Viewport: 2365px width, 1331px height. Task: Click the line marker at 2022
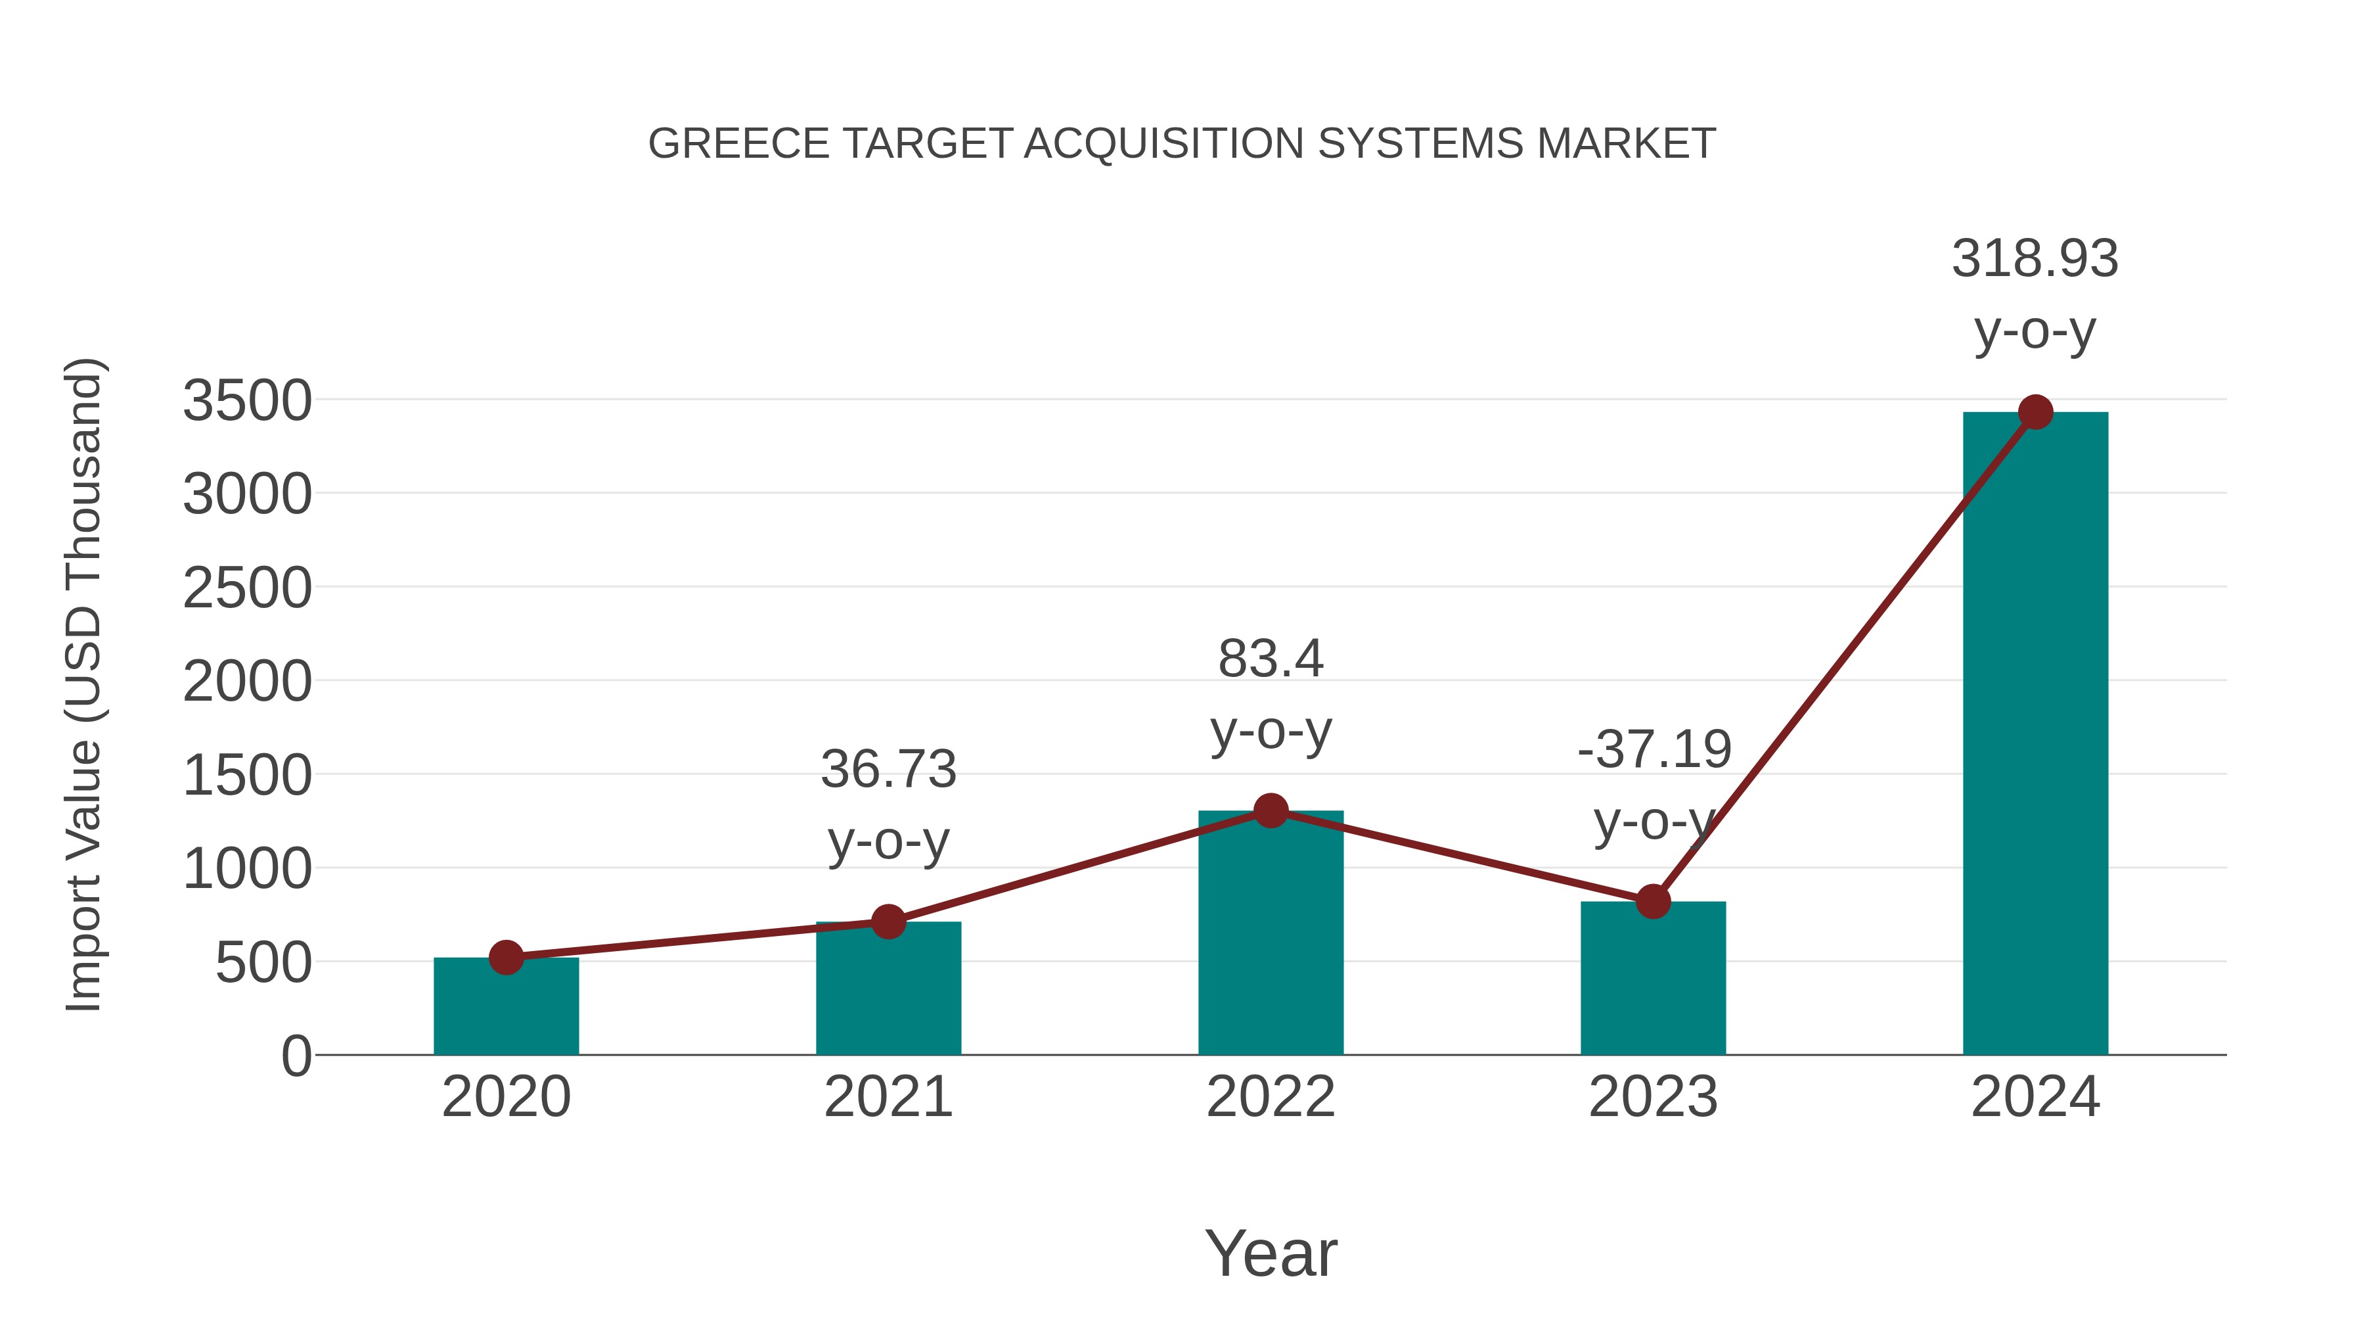coord(1271,810)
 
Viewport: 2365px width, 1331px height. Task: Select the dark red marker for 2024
coord(2035,412)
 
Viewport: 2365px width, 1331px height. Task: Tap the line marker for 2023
coord(1653,901)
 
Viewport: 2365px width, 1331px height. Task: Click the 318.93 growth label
coord(2035,258)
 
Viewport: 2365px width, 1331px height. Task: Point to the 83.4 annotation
coord(1271,659)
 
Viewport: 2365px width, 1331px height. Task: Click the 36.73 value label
coord(888,769)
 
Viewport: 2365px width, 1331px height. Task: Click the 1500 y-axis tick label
coord(247,776)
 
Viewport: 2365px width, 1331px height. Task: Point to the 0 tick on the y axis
coord(296,1056)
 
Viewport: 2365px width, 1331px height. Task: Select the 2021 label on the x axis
coord(888,1097)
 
